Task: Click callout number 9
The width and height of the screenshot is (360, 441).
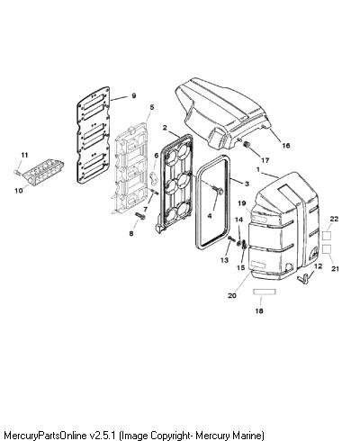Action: pos(134,95)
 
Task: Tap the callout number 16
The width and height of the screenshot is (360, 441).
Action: pos(286,146)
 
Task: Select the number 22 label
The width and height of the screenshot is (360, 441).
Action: pos(334,219)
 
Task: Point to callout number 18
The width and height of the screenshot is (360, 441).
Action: pos(259,310)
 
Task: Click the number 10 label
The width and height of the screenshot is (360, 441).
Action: pos(19,190)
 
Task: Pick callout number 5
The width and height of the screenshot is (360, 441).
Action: pos(152,107)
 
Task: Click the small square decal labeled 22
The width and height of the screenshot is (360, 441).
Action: pos(327,236)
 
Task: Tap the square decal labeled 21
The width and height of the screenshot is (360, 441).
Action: pos(327,249)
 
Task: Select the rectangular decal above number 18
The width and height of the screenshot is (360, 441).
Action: pos(265,292)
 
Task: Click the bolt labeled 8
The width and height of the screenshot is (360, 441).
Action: pos(140,215)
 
